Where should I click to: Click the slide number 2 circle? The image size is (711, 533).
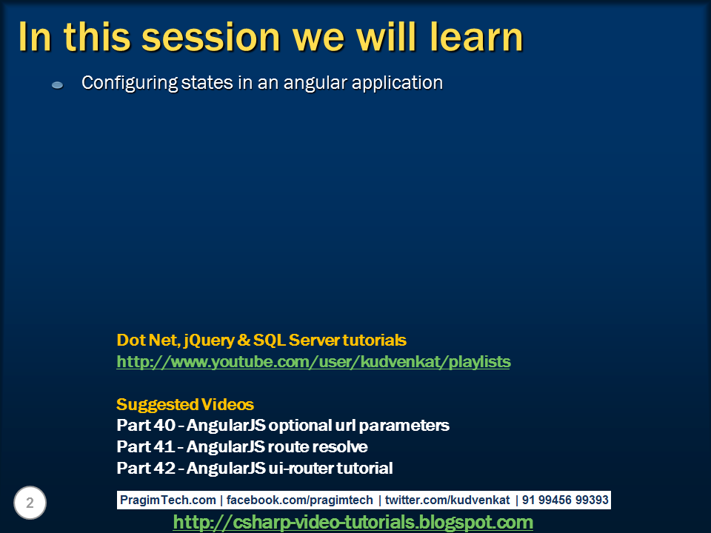(x=30, y=503)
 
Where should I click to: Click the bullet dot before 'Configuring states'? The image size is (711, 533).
(x=57, y=85)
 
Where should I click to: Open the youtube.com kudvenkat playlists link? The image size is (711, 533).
(x=313, y=362)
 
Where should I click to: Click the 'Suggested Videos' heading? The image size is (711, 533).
(x=185, y=405)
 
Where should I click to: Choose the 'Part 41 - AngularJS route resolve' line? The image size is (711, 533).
(x=242, y=447)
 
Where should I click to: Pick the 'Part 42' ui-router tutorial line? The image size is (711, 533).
(x=255, y=469)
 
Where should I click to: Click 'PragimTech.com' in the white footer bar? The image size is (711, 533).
(x=168, y=500)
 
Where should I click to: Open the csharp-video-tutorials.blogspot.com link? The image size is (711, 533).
(x=353, y=523)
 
